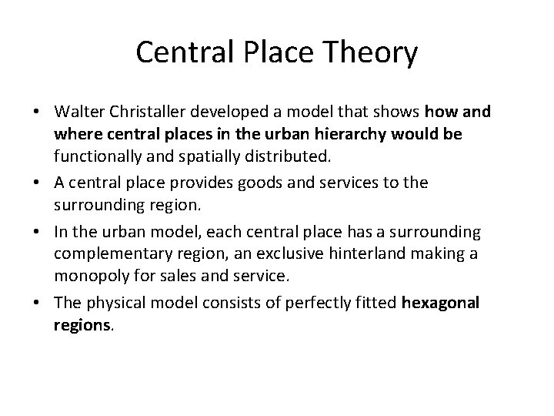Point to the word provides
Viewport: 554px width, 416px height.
tap(206, 183)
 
